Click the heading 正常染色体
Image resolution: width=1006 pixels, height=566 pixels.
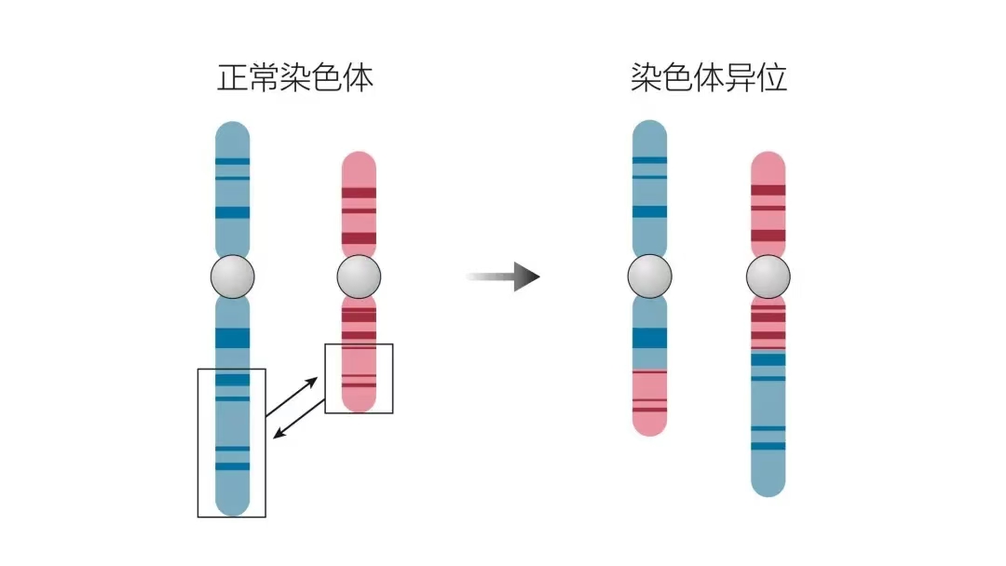(x=295, y=77)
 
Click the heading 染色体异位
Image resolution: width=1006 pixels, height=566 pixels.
(x=709, y=77)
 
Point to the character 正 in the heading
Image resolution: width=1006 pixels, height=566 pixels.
(x=233, y=77)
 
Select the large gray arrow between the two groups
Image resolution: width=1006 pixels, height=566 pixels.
(x=504, y=276)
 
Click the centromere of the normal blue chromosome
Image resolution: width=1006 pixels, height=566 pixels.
(x=232, y=276)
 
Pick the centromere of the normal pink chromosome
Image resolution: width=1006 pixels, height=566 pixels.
(x=359, y=276)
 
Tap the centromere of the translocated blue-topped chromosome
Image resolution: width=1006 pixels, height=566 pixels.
(x=649, y=276)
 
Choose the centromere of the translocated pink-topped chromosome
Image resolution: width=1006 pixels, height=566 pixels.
(x=768, y=276)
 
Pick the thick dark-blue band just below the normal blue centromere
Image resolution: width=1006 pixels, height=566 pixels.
(x=232, y=338)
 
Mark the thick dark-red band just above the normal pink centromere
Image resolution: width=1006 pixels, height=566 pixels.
(x=359, y=238)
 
